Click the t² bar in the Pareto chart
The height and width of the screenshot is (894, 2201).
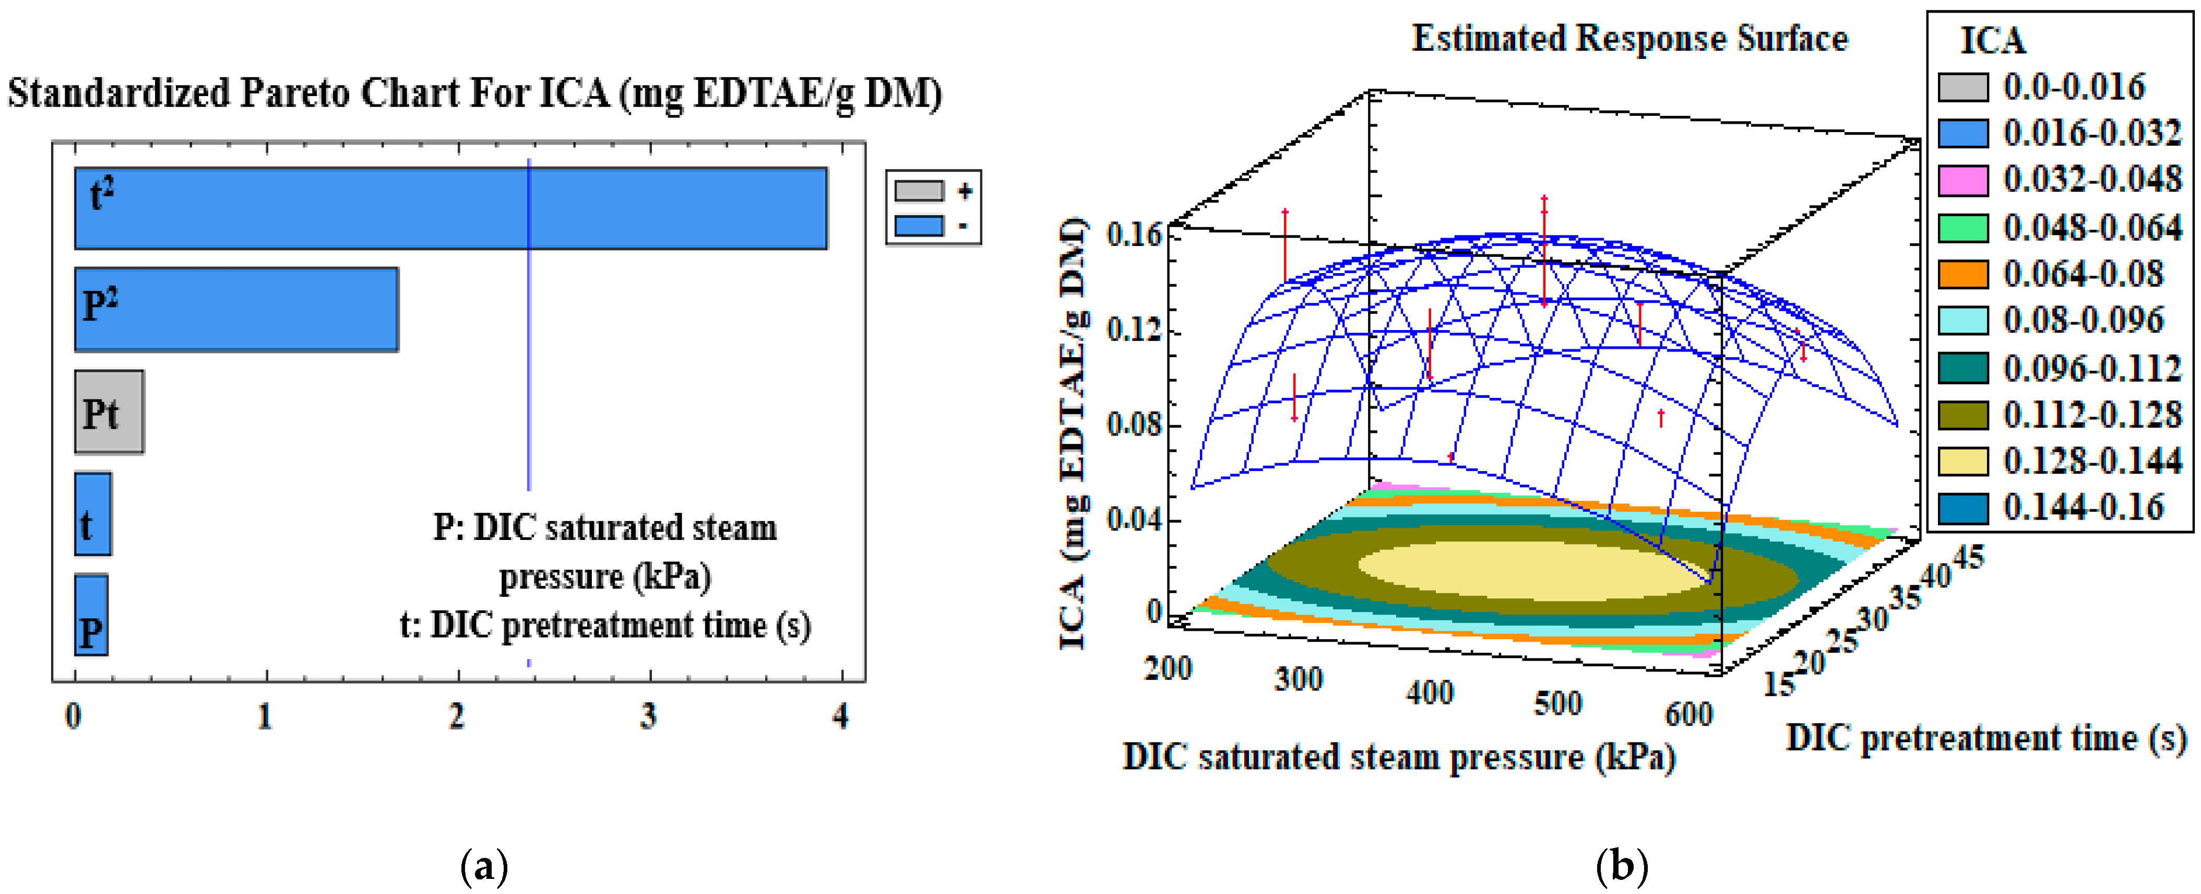[450, 208]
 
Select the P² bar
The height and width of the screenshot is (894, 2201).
[236, 309]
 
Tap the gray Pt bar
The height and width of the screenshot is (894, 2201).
[110, 412]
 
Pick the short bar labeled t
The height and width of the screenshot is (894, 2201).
[92, 514]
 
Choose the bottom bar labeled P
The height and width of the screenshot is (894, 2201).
[91, 615]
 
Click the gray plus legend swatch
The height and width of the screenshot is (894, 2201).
[919, 191]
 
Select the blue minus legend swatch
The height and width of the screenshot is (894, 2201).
[919, 226]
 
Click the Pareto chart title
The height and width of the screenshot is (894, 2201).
[474, 92]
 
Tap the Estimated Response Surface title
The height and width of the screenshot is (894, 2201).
[1628, 39]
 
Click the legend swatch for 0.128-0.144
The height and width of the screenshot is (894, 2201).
[1962, 461]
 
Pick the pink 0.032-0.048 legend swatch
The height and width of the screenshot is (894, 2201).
[1962, 180]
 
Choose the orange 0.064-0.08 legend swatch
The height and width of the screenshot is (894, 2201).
[1962, 274]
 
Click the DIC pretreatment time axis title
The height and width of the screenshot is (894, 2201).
[1985, 738]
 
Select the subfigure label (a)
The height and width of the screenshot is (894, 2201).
[484, 867]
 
